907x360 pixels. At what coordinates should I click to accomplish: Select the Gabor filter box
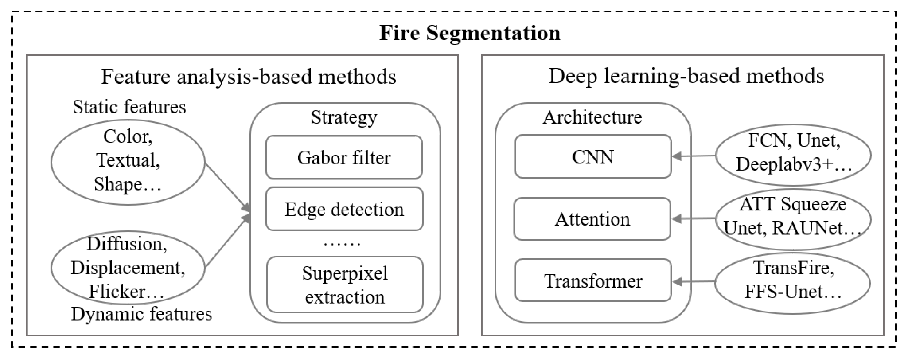[x=344, y=157]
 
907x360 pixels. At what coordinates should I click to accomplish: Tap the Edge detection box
[x=344, y=209]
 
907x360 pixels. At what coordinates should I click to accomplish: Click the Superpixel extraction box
[x=345, y=285]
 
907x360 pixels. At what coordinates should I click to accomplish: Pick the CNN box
[x=593, y=156]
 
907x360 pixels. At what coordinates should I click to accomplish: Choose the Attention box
[x=592, y=219]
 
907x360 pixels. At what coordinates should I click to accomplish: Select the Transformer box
[x=593, y=281]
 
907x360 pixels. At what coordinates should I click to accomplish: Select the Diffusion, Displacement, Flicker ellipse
[x=128, y=268]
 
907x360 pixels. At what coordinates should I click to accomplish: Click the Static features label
[x=129, y=107]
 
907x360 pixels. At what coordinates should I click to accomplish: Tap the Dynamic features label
[x=142, y=314]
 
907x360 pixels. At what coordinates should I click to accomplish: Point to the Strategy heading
[x=344, y=117]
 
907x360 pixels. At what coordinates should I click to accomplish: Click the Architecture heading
[x=592, y=117]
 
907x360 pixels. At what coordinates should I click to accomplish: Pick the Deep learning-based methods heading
[x=686, y=76]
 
